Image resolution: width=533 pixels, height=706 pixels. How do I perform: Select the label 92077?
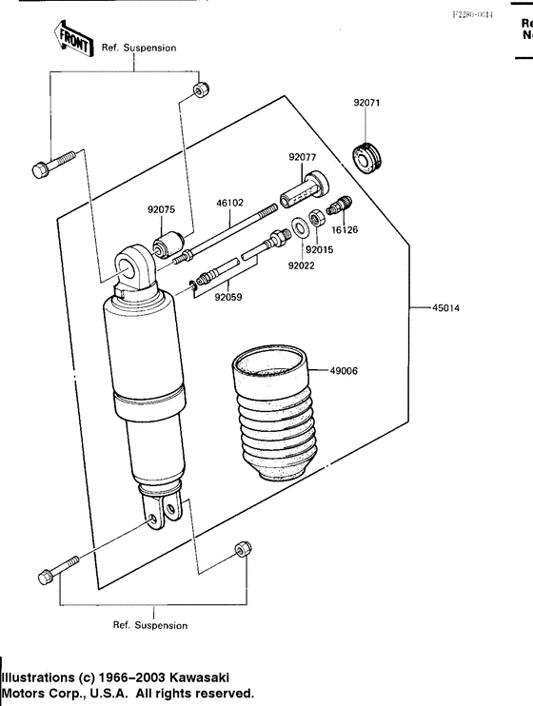[x=303, y=157]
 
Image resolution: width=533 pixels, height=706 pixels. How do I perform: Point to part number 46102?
[x=231, y=203]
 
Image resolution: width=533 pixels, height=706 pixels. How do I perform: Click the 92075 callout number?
[x=161, y=210]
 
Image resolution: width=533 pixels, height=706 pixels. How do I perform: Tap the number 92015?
[x=319, y=249]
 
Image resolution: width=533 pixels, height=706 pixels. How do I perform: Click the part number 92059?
[x=229, y=297]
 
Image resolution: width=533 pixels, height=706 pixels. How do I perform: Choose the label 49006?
[x=345, y=370]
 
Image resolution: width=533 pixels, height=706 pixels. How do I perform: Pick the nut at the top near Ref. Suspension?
[x=198, y=90]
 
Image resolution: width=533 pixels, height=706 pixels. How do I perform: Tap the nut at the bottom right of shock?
[x=242, y=551]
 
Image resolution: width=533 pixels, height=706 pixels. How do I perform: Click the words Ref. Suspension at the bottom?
[x=150, y=625]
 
